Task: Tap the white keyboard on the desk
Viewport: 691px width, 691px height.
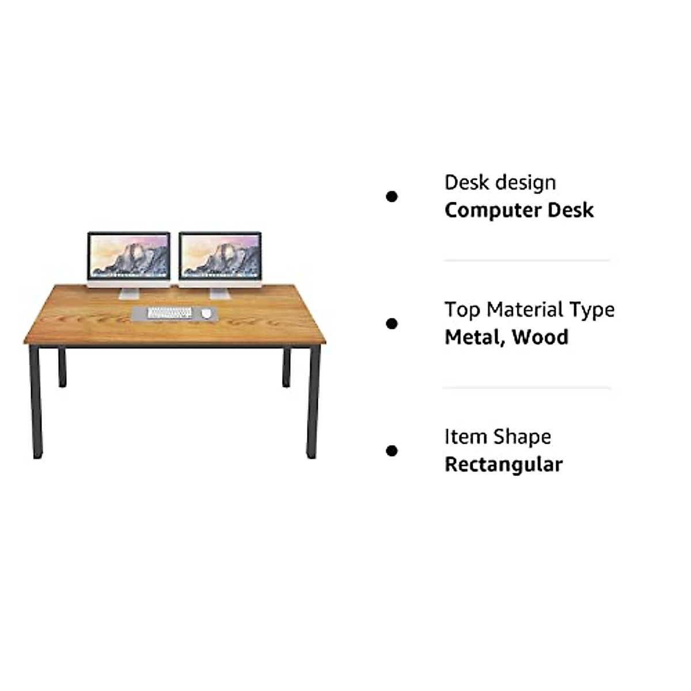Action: point(169,313)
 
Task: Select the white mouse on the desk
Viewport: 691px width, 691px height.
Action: point(206,313)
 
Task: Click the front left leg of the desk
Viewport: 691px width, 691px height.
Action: point(36,403)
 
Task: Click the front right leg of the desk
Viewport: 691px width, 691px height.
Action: point(313,403)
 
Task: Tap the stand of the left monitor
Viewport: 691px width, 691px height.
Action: point(129,293)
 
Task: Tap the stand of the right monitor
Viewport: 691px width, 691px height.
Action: point(219,293)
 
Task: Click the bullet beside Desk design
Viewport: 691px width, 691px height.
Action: point(392,197)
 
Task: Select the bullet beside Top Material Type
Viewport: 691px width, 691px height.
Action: point(392,324)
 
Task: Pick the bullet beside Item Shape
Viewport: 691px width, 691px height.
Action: point(392,451)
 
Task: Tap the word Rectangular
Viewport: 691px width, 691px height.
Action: point(503,465)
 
